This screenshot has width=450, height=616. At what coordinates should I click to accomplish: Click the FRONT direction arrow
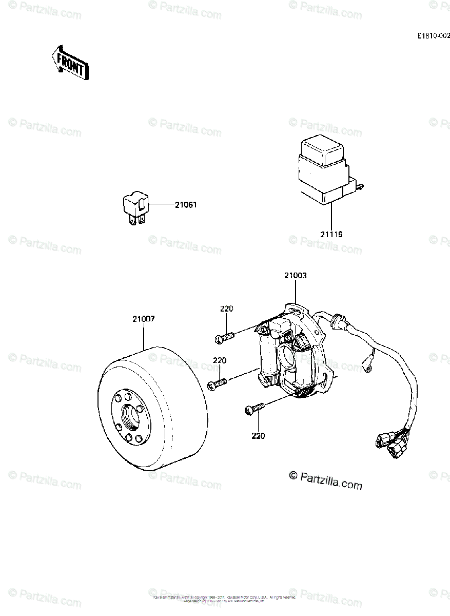[x=70, y=62]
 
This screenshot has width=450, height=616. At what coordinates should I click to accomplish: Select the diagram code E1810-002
[x=433, y=36]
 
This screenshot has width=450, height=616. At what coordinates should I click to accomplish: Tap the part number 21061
[x=186, y=205]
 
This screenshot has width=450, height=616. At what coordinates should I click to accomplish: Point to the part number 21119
[x=331, y=234]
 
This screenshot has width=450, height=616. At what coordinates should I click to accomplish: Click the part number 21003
[x=296, y=276]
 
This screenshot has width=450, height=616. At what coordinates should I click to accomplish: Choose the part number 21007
[x=143, y=319]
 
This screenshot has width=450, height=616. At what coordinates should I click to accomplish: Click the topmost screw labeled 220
[x=223, y=338]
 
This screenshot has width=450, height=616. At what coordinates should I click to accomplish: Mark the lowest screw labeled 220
[x=253, y=409]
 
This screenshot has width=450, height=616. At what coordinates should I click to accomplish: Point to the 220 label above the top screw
[x=226, y=309]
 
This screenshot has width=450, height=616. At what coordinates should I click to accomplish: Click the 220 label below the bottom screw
[x=258, y=436]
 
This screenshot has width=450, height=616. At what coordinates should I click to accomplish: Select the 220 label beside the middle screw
[x=220, y=361]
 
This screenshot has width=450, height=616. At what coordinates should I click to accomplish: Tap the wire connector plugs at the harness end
[x=389, y=444]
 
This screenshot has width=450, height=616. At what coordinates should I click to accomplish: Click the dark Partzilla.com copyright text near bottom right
[x=325, y=480]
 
